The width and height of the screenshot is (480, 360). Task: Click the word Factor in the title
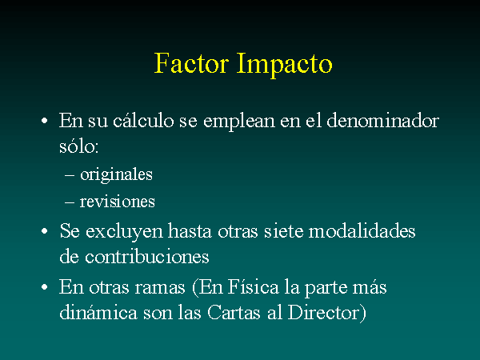(192, 62)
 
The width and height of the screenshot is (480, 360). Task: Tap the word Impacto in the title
(284, 65)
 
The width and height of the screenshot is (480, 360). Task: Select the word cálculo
(143, 120)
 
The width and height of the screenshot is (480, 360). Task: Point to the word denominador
(383, 120)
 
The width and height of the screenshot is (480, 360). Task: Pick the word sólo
(78, 146)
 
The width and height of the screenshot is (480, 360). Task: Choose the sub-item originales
(116, 175)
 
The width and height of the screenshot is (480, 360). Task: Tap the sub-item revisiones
(118, 202)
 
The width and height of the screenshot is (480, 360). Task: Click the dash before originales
(70, 175)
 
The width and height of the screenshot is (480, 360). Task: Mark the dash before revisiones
(70, 202)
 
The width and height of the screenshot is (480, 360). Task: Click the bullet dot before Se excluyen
(44, 231)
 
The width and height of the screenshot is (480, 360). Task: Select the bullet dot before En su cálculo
(44, 121)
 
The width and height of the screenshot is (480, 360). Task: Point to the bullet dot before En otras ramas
(44, 287)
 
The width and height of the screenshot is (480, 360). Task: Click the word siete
(284, 230)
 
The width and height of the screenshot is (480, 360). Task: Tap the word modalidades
(362, 230)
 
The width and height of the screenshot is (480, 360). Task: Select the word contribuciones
(146, 256)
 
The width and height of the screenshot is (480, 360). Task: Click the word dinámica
(98, 312)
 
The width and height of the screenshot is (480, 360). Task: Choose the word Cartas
(234, 312)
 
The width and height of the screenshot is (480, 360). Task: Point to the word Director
(323, 312)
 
